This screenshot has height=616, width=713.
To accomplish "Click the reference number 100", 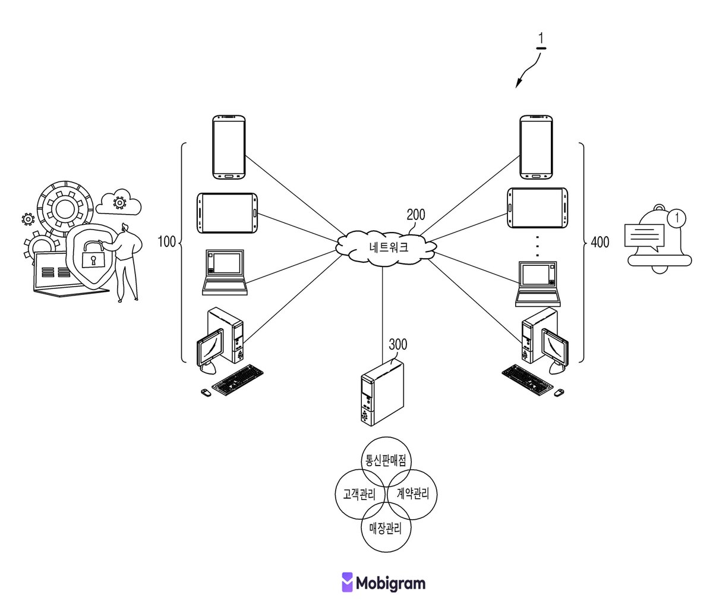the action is coord(166,242).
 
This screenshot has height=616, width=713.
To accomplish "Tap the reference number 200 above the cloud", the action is coord(416,215).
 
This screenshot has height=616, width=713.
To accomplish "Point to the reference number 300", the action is coord(397,344).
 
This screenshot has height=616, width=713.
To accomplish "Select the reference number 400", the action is coord(600,242).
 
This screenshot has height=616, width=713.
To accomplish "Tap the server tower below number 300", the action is coord(382,392).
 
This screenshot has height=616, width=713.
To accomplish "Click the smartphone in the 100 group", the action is coord(229,147).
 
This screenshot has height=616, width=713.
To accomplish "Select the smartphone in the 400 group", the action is coord(536,147).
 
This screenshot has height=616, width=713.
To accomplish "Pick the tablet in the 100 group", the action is coord(228,213).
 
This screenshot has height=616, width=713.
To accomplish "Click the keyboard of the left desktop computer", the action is coord(237,380).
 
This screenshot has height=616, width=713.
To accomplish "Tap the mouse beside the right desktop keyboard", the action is coord(559,392).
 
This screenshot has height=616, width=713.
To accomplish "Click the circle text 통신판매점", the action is coord(386,460).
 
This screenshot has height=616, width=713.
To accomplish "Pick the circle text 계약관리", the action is coord(413,494).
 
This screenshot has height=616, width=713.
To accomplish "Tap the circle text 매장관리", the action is coord(386,528).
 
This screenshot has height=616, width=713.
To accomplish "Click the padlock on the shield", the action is coord(93,254).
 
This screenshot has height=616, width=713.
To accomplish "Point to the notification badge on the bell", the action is coord(676,218).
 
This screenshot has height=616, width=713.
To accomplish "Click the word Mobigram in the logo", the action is coord(390,583).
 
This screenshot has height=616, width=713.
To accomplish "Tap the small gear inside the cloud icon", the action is coord(119,202).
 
